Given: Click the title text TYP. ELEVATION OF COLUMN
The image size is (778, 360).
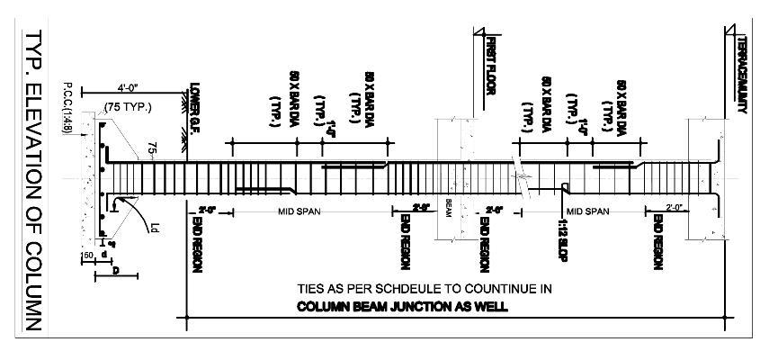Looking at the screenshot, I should (33, 180).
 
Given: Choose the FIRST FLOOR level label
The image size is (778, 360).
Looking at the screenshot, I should (491, 62).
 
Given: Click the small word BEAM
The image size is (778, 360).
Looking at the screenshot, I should (447, 209).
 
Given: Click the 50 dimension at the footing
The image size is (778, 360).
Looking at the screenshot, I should (89, 256).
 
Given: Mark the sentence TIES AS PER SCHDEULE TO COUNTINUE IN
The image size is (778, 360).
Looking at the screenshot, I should (423, 289).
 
